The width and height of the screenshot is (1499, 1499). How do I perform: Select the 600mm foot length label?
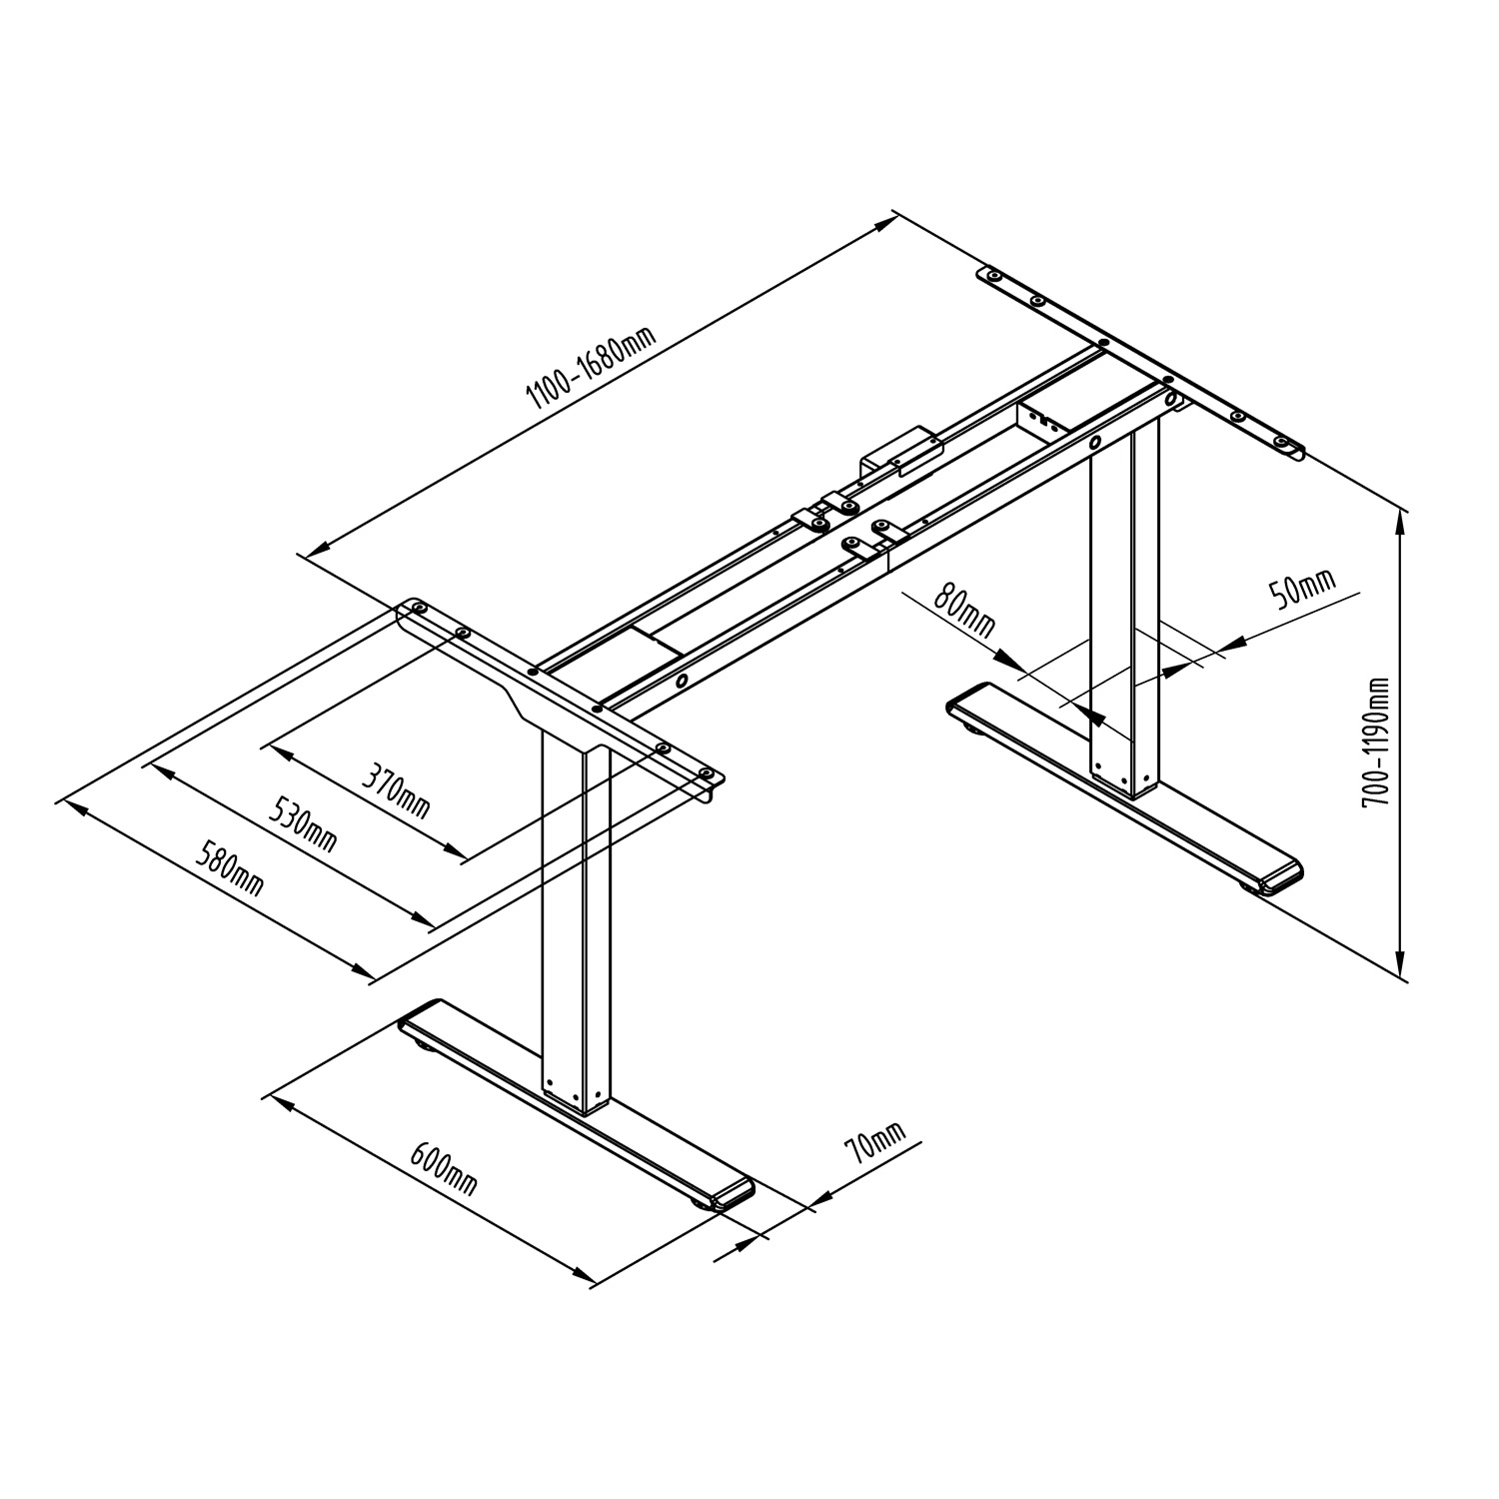(x=444, y=1168)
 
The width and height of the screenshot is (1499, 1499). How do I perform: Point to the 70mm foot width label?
(x=875, y=1140)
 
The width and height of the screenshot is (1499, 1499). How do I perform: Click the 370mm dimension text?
(x=395, y=791)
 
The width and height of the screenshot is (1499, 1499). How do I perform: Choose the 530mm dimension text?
(x=302, y=822)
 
